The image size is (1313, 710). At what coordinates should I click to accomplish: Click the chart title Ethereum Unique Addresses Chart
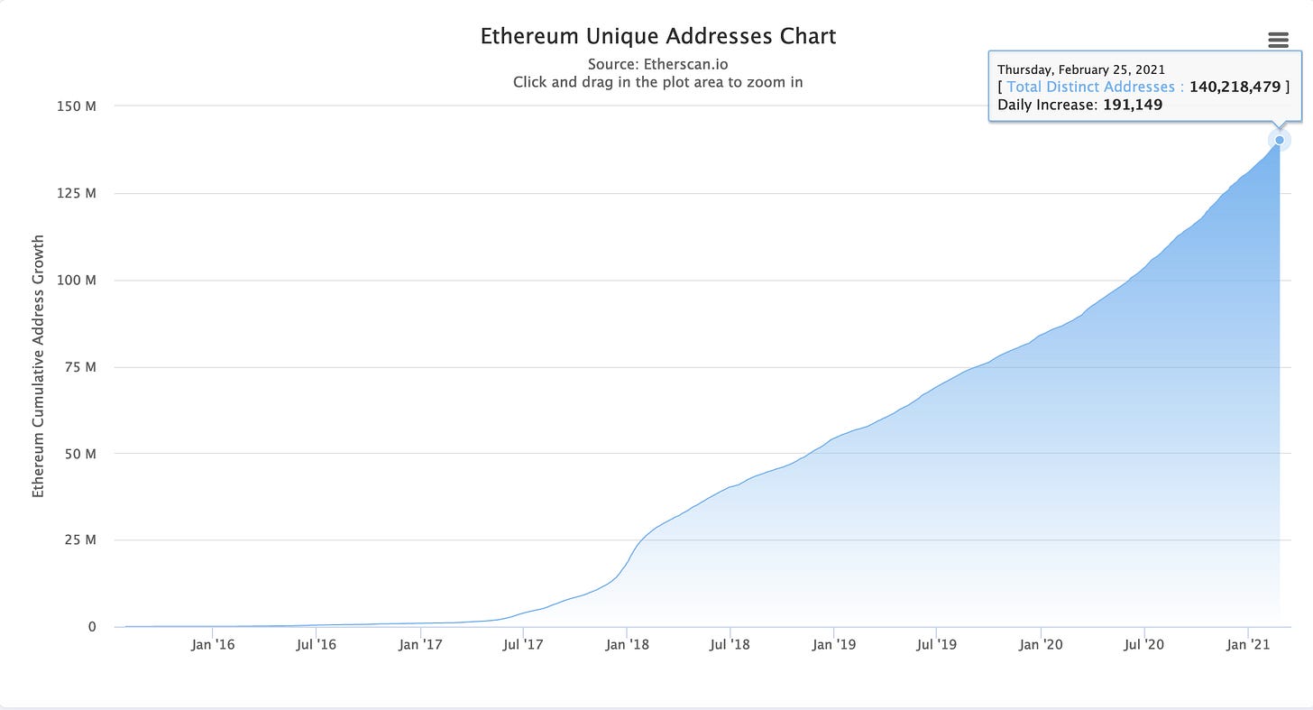point(657,37)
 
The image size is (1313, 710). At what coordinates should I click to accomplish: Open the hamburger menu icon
point(1277,39)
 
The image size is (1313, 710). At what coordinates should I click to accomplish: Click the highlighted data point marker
point(1279,140)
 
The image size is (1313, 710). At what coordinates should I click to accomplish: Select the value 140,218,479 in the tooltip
point(1235,87)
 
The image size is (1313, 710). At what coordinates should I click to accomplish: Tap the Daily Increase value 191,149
point(1133,105)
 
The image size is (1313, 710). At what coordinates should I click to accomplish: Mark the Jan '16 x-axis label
point(213,644)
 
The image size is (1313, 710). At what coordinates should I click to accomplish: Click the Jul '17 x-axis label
point(523,644)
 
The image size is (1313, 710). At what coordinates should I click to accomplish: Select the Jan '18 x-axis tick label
point(627,644)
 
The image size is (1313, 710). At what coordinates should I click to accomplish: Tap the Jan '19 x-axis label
point(834,644)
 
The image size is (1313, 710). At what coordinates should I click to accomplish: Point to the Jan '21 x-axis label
point(1247,644)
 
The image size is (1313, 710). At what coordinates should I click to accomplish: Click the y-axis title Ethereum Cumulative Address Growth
point(38,366)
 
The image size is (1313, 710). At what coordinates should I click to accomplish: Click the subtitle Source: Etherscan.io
point(657,64)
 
